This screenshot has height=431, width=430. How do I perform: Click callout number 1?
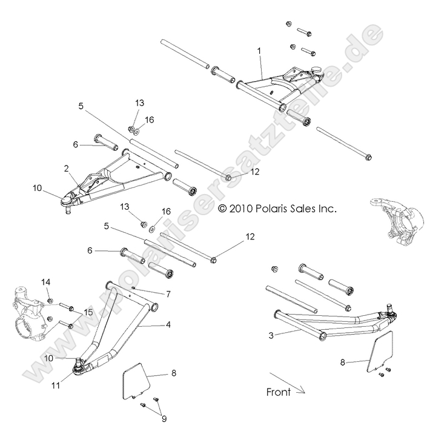point(259,53)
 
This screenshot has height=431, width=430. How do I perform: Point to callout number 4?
point(168,325)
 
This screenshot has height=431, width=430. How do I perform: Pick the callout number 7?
point(168,293)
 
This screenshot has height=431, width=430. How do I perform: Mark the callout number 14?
point(45,282)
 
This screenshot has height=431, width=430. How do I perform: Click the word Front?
point(278,392)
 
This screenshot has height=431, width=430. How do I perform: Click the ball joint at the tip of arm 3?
point(390,314)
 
